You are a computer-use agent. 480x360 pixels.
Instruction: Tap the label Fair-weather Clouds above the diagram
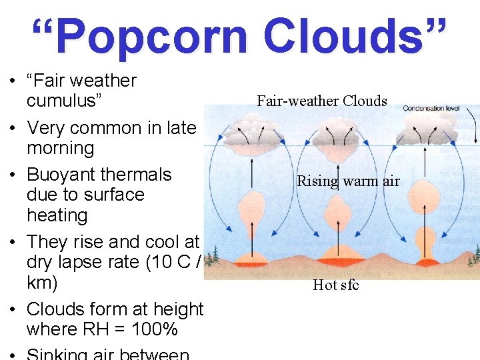(322, 101)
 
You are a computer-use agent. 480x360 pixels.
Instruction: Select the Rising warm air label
(348, 181)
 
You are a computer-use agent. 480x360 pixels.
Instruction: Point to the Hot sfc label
(336, 285)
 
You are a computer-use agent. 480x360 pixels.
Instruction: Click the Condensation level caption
(431, 107)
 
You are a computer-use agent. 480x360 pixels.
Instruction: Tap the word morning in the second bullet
(60, 148)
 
